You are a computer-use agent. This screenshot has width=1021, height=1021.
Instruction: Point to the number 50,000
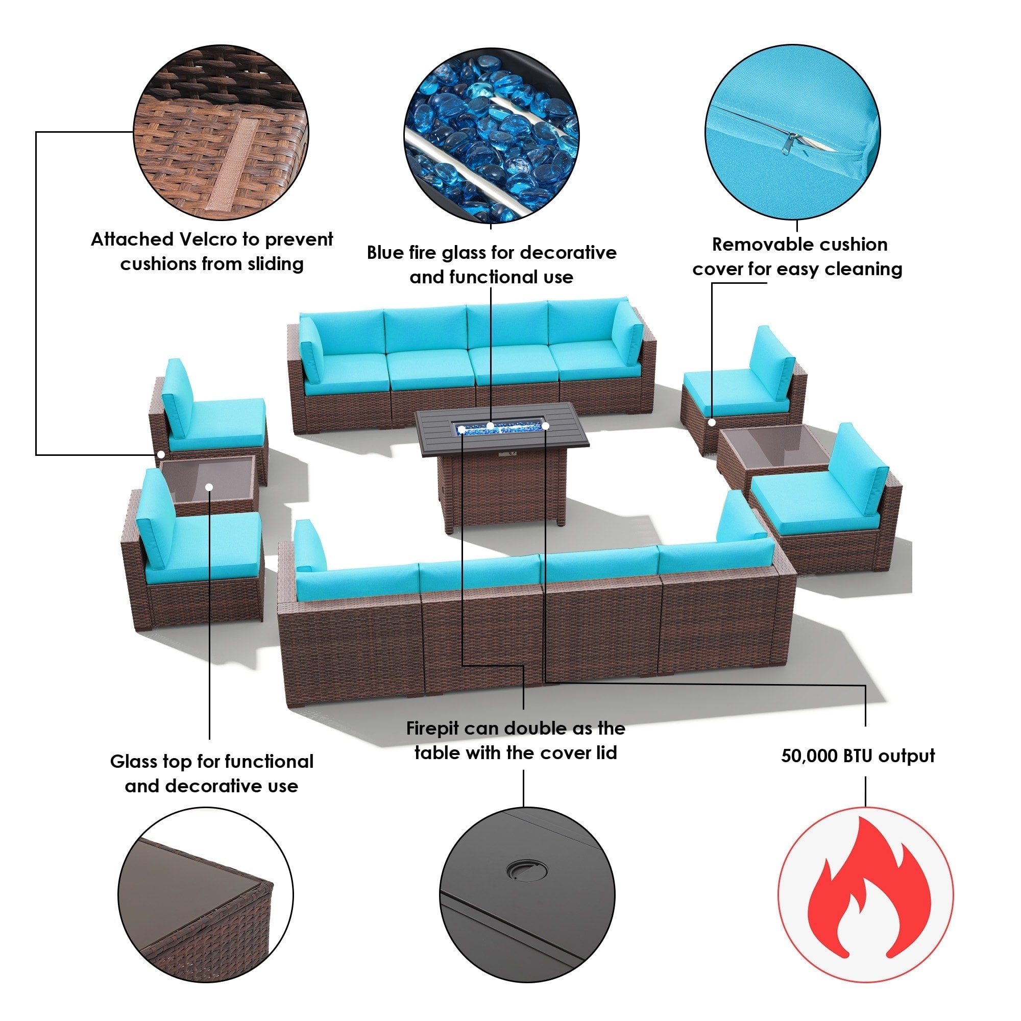[810, 756]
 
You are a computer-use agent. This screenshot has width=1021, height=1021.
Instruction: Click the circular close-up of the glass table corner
[206, 894]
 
